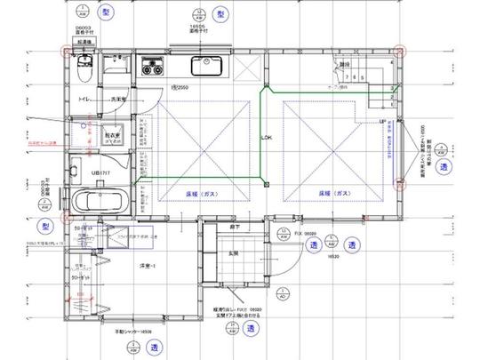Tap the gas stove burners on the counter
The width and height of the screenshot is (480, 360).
tap(151, 64)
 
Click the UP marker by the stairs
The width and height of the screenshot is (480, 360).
tap(383, 122)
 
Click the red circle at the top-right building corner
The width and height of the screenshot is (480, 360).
tap(400, 51)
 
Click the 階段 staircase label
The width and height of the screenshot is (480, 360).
tap(344, 64)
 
